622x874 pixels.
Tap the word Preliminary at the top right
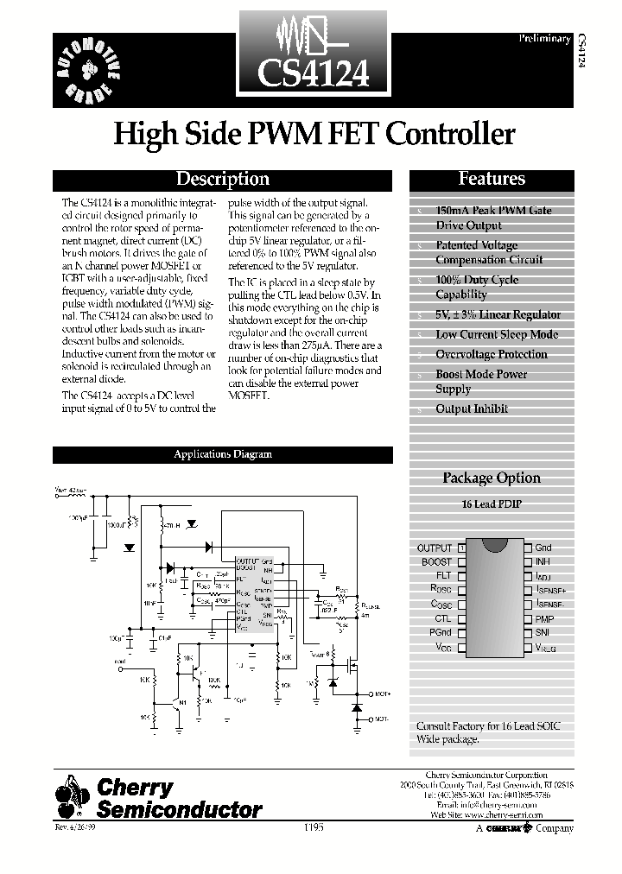(x=545, y=39)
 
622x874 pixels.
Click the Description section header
(x=223, y=180)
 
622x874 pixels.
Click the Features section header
(x=492, y=179)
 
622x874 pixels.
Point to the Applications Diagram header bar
(x=223, y=454)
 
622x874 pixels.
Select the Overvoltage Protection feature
(x=492, y=354)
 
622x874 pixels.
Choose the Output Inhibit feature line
(x=472, y=408)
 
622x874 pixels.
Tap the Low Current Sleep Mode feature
(x=497, y=334)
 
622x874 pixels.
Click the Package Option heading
(x=492, y=478)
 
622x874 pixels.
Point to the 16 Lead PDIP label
(x=492, y=503)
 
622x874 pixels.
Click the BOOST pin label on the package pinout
(x=437, y=562)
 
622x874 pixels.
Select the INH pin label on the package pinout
(x=542, y=562)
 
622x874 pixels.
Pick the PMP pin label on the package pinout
(x=544, y=618)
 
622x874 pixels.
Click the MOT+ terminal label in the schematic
(x=382, y=693)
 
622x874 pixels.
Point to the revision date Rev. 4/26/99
(x=76, y=828)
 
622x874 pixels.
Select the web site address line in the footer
(x=487, y=814)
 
